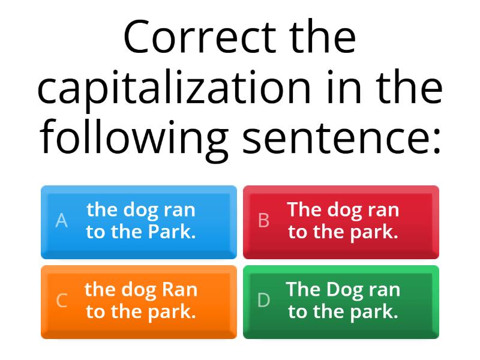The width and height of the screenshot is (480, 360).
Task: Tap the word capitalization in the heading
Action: [x=175, y=89]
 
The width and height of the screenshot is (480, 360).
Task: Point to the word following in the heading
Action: [x=134, y=137]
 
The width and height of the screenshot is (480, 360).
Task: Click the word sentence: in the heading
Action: [x=340, y=137]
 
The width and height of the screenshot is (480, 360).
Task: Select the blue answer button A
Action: [x=139, y=222]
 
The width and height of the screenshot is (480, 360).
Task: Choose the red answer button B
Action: [x=341, y=222]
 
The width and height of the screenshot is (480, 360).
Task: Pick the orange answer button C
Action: [x=139, y=302]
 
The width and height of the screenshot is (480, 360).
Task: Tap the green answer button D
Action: [x=341, y=302]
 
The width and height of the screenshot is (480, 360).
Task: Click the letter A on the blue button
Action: [x=61, y=221]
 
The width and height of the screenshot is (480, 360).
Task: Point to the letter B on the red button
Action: [x=263, y=221]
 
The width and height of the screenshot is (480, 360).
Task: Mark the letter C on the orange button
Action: [x=61, y=301]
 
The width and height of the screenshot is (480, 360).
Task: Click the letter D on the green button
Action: [x=263, y=301]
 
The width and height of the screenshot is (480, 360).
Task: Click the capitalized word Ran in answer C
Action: [x=179, y=290]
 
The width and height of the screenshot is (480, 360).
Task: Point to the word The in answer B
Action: [x=304, y=210]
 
